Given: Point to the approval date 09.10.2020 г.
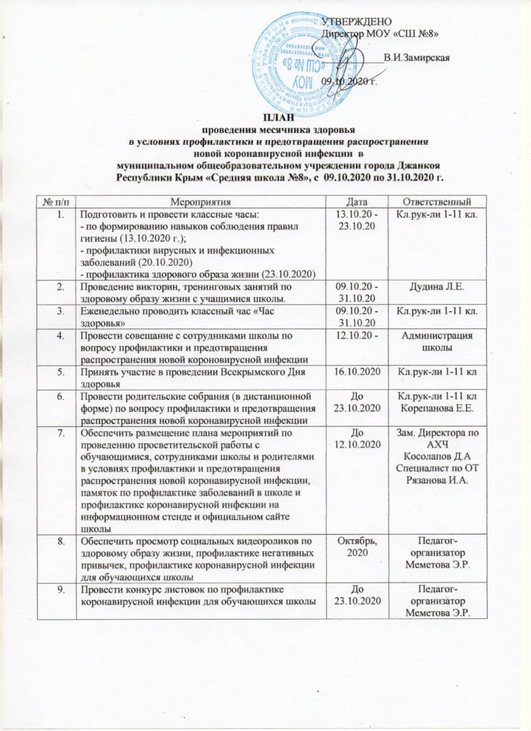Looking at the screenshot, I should pos(349,81).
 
